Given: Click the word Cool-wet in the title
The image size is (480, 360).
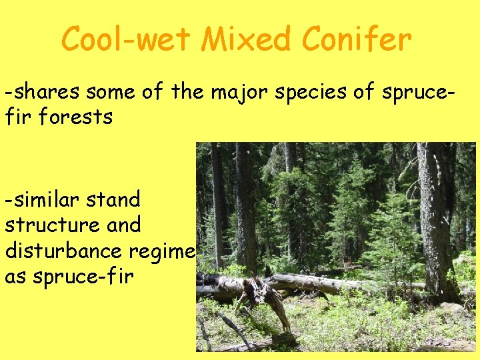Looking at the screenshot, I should coord(127,39).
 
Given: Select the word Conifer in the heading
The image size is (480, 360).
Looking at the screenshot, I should coord(357,39).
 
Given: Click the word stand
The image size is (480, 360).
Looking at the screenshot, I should coord(115,199).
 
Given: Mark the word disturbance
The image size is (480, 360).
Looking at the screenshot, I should coord(60,251).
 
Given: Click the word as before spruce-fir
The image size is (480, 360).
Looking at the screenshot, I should coord(15,277).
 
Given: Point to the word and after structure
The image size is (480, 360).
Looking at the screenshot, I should coord(115,225).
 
